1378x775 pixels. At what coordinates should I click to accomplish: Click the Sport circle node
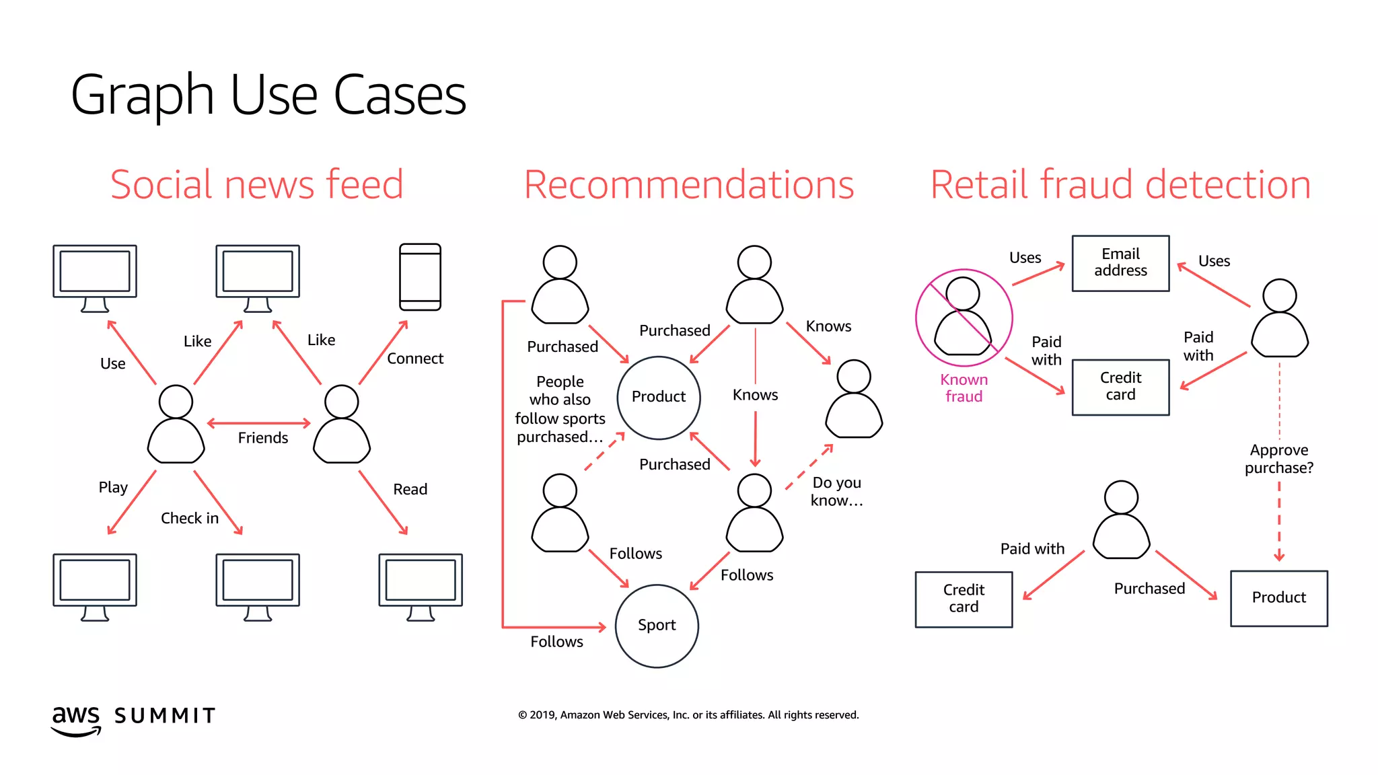click(x=657, y=626)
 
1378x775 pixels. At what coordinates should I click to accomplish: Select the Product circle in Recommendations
click(x=659, y=398)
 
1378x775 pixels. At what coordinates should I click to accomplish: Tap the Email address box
click(x=1120, y=263)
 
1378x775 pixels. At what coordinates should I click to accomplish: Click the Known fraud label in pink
click(x=964, y=388)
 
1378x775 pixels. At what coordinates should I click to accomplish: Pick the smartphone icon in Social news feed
click(x=420, y=276)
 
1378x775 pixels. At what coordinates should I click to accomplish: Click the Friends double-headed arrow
click(x=259, y=423)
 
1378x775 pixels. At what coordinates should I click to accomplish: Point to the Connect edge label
click(x=415, y=359)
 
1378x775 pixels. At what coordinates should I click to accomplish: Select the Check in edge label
click(x=190, y=518)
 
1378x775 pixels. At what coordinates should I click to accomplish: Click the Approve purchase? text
click(x=1278, y=459)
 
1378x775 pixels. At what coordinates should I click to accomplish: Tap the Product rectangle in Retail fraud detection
click(x=1278, y=598)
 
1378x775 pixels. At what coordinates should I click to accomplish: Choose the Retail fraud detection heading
click(x=1120, y=184)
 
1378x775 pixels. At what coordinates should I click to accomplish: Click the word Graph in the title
click(x=142, y=96)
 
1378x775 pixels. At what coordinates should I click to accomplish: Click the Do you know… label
click(x=836, y=492)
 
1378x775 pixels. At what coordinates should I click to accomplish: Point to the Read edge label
click(x=410, y=489)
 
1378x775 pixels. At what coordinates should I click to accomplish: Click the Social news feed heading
click(x=256, y=184)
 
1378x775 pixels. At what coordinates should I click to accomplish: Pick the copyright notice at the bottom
click(x=688, y=714)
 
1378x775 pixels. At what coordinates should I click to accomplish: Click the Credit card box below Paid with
click(x=964, y=599)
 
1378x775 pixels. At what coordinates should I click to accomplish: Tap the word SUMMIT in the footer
click(x=165, y=716)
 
